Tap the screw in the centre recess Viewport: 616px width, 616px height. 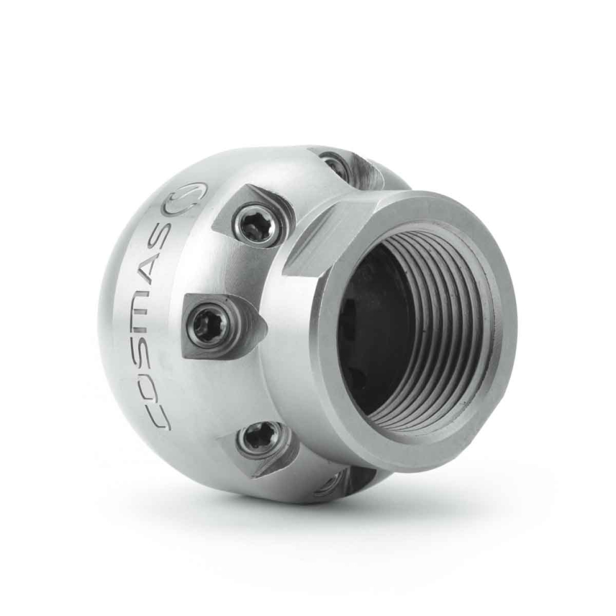[x=208, y=325]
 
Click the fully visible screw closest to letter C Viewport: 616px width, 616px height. [x=260, y=440]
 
